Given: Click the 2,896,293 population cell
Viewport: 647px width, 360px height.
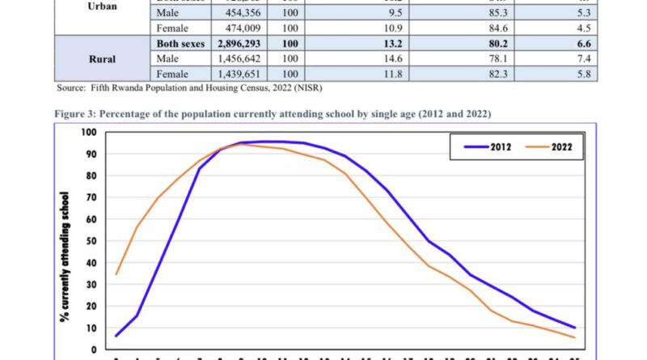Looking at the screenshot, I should [x=243, y=43].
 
